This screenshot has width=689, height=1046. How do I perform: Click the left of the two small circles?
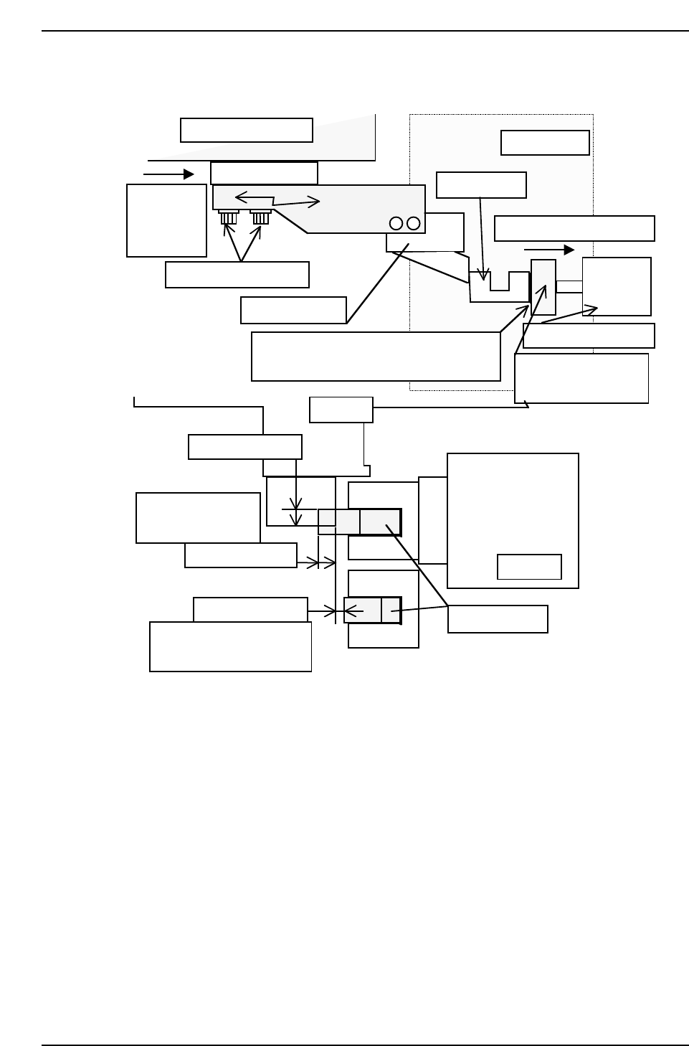click(x=396, y=223)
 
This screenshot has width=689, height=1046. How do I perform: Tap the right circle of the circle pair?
click(x=414, y=223)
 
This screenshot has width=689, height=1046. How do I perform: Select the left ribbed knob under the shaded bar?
click(x=229, y=217)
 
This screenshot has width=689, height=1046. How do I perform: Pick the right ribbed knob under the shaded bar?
click(x=260, y=217)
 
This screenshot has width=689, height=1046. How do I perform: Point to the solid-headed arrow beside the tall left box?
click(x=169, y=174)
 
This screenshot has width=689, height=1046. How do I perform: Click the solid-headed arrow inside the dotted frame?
click(x=549, y=250)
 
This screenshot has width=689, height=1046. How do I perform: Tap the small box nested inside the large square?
click(x=529, y=567)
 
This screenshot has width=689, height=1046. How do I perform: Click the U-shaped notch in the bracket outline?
click(x=500, y=281)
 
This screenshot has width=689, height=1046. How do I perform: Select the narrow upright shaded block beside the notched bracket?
click(x=543, y=287)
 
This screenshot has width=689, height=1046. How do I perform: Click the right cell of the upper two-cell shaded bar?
click(x=380, y=522)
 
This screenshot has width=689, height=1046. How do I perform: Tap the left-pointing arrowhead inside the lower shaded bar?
click(x=353, y=611)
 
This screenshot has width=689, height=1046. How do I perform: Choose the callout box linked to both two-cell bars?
click(x=498, y=619)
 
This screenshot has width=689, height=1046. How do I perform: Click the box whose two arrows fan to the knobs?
click(x=237, y=275)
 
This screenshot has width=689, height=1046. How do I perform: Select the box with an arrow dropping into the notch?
click(x=481, y=185)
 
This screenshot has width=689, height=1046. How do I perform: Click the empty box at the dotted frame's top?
click(x=545, y=143)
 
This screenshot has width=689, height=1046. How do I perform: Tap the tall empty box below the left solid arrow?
click(x=166, y=220)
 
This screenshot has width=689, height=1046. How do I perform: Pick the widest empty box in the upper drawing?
click(x=376, y=356)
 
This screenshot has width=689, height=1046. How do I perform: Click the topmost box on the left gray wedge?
click(x=246, y=131)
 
